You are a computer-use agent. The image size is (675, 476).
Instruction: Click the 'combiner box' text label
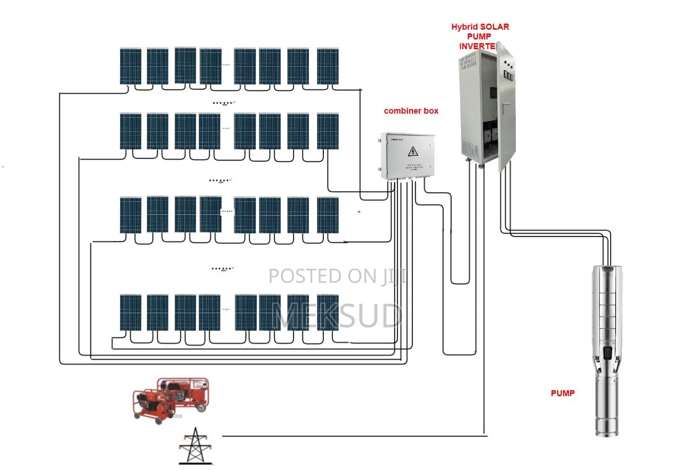411,111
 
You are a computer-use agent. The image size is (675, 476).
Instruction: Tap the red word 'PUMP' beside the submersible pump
562,393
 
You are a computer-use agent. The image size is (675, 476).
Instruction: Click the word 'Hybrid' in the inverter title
464,27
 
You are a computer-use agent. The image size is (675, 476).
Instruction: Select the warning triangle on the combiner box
412,151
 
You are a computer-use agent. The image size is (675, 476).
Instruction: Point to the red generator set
170,399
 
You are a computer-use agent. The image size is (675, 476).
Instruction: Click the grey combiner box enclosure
408,156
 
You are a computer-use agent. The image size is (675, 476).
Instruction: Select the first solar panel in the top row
130,66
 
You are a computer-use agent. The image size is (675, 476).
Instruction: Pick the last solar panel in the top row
328,66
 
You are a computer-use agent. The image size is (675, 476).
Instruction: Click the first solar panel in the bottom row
130,312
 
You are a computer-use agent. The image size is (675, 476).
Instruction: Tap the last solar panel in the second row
328,131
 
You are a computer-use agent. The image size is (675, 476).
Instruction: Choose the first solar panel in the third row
130,215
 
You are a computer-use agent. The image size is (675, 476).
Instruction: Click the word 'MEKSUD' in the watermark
337,316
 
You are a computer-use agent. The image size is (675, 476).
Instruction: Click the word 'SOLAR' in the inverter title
495,27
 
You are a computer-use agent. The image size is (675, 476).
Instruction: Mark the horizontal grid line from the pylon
353,436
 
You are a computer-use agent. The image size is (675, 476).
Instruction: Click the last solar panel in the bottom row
328,312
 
